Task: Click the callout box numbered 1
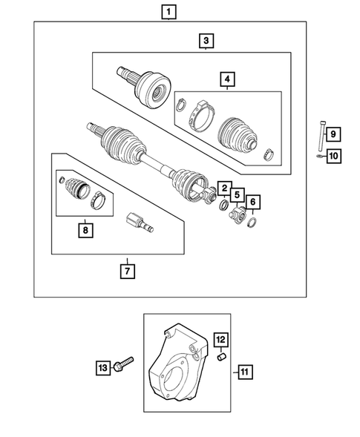click(x=171, y=11)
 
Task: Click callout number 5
click(x=236, y=195)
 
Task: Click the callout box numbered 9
click(x=333, y=134)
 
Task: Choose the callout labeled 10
click(x=333, y=156)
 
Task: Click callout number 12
click(x=220, y=340)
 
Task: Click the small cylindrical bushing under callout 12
click(x=220, y=358)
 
